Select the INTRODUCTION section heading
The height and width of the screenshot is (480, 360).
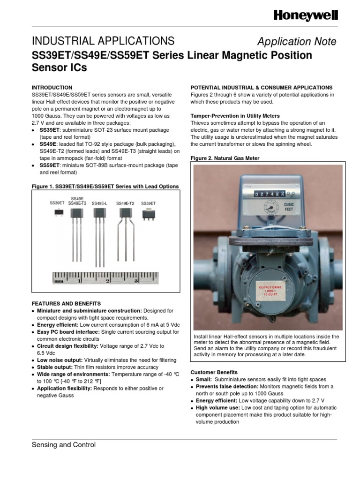(52, 88)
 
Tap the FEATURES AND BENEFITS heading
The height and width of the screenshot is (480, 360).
(66, 304)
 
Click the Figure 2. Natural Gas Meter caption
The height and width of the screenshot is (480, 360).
(225, 158)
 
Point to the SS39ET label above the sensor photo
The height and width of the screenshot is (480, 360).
(57, 203)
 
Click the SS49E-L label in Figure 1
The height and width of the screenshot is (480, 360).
(99, 203)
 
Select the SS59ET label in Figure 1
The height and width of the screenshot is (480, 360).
(148, 203)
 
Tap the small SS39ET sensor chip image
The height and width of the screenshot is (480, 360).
(58, 212)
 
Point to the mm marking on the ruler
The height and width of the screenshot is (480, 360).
(59, 282)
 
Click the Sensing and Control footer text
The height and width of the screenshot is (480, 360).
(63, 445)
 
